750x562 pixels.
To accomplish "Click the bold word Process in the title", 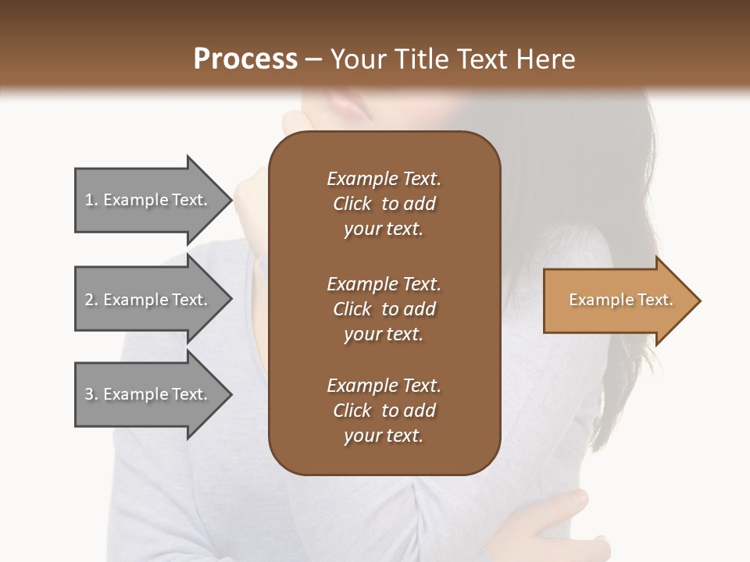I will click(x=245, y=59).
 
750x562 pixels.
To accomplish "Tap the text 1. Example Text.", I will click(x=146, y=200).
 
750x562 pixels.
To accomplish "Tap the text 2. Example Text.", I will click(x=146, y=300).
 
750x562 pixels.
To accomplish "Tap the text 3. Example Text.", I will click(x=146, y=394).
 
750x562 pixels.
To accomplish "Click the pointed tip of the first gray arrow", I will click(x=231, y=200).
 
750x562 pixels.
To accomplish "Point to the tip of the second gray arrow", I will click(x=231, y=300).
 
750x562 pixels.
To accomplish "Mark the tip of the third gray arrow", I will click(x=231, y=394).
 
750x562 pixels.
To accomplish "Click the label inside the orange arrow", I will click(x=621, y=300).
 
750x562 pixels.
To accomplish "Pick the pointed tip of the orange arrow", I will click(x=700, y=301).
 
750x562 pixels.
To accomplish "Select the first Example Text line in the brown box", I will click(x=384, y=179).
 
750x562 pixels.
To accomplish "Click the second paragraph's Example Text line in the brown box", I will click(x=384, y=284).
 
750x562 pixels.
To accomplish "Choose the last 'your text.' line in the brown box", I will click(x=384, y=436).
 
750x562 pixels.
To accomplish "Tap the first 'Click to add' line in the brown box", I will click(x=384, y=204).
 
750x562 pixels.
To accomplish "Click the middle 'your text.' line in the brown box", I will click(x=384, y=334).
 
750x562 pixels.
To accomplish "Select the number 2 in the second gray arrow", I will click(x=89, y=300).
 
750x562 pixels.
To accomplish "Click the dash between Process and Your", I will click(x=313, y=60).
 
